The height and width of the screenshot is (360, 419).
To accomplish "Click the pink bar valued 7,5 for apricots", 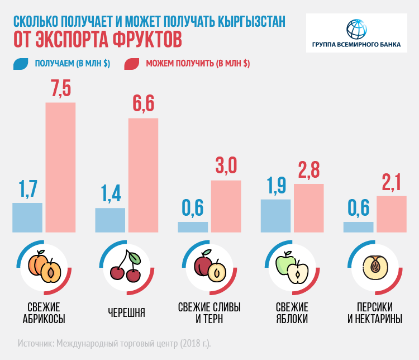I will [60, 167].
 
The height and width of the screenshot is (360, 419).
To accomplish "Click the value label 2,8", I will [309, 169].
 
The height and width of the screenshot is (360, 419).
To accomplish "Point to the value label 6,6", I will [143, 105].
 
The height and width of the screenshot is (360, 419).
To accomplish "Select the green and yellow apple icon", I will [292, 268].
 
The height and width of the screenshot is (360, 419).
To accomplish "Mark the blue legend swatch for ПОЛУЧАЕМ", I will [20, 64].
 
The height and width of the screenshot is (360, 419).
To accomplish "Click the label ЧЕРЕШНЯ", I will [126, 313].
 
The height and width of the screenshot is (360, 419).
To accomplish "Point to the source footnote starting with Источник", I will [115, 342].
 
